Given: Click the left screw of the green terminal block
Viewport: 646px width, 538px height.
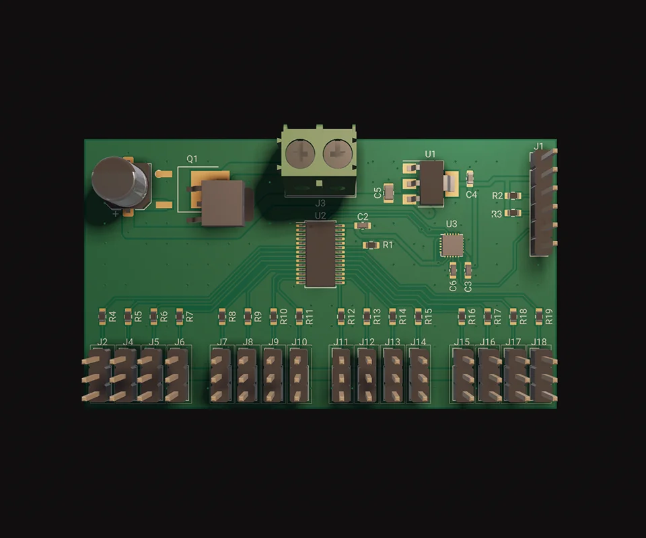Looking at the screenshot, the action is pyautogui.click(x=300, y=153).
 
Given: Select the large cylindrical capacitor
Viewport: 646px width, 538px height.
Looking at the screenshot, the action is pyautogui.click(x=120, y=182).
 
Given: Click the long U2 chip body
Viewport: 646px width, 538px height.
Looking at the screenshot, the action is pyautogui.click(x=320, y=254).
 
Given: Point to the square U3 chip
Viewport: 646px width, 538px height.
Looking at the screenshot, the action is pyautogui.click(x=452, y=245).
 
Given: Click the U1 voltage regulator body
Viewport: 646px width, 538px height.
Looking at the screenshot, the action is pyautogui.click(x=432, y=183).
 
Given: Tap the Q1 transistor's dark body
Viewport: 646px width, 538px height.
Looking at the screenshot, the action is pyautogui.click(x=223, y=202).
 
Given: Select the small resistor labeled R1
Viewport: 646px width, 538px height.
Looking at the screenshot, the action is pyautogui.click(x=371, y=245).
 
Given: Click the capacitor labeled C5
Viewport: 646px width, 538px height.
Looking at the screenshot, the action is pyautogui.click(x=388, y=192).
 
